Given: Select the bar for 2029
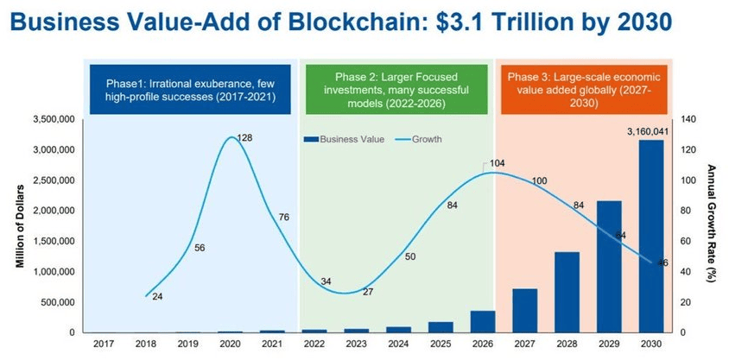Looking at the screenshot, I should coord(609,267).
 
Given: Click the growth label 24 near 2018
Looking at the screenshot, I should coord(157,297).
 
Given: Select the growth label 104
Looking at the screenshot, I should coord(496,162).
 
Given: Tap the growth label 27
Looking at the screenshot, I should coord(368,291).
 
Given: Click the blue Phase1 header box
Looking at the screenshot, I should coord(190,90).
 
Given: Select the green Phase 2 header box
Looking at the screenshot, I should coord(396,90).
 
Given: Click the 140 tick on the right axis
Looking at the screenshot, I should coord(688,119).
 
